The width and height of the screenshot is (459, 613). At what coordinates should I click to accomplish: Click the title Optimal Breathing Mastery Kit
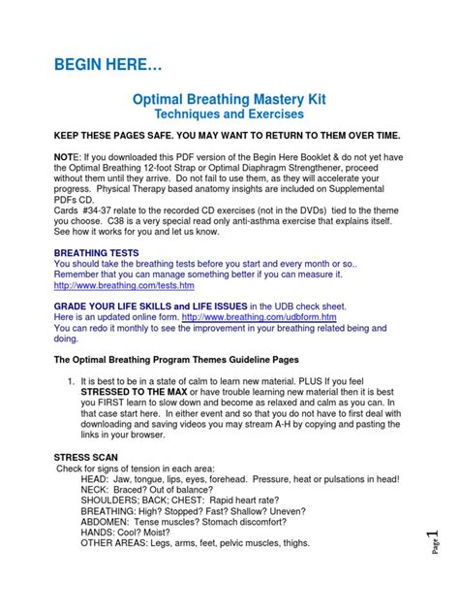(229, 98)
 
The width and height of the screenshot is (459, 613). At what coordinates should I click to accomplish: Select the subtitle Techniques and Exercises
(229, 114)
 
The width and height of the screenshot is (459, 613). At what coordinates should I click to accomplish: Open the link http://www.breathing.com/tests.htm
(124, 286)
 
